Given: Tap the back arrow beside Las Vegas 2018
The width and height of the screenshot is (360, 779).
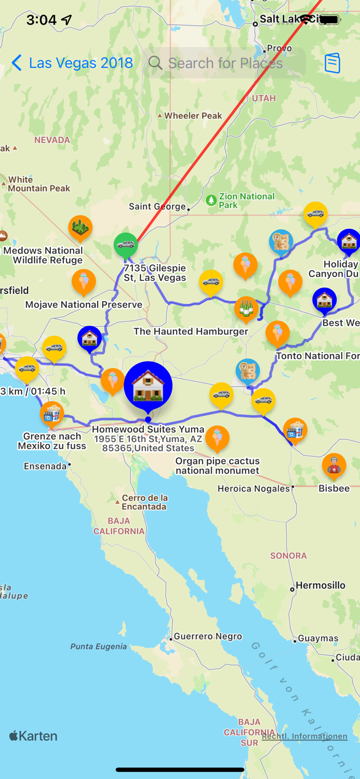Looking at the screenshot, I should pos(17,63).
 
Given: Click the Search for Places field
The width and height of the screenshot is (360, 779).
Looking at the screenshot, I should pos(224,63).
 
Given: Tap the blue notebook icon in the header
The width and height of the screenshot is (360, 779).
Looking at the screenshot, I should pos(332,63).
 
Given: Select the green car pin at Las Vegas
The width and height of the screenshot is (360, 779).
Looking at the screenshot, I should pos(126,245).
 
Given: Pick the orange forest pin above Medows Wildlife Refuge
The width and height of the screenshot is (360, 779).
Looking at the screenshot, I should pos(81,227).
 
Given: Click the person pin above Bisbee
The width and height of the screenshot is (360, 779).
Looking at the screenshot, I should pos(334,465).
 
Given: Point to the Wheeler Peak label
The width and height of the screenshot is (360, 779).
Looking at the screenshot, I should pos(193,116).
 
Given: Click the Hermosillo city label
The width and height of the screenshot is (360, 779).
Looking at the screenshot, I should pos(320,585).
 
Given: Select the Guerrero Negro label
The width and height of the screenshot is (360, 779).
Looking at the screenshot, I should pos(208,636).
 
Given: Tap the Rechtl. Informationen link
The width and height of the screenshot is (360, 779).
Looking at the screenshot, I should pos(304,736).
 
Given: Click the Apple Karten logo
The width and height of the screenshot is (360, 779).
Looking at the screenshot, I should pos(33,736).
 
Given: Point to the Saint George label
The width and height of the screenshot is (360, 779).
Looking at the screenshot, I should pos(157,206).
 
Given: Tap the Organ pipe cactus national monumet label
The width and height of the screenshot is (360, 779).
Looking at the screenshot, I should pos(217,466).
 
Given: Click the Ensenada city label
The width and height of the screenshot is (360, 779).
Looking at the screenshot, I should pos(46,466).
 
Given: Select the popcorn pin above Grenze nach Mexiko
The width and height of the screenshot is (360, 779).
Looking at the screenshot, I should pos(51,414).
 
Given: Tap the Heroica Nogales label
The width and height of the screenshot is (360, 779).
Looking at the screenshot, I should pos(254,488).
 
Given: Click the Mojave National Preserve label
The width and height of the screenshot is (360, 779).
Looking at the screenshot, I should pos(84,305).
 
